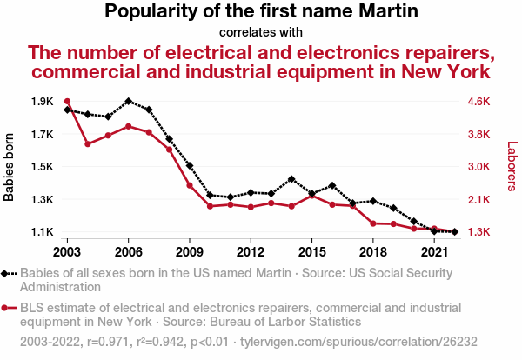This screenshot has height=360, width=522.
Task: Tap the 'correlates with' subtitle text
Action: click(x=261, y=32)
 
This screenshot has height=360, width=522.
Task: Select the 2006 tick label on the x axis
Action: click(x=128, y=252)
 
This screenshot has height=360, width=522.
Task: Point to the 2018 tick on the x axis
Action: click(x=372, y=252)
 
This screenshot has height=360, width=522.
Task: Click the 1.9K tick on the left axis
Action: click(x=41, y=102)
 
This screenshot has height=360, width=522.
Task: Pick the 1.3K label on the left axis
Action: click(x=41, y=200)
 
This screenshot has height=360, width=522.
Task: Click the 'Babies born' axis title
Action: click(x=10, y=167)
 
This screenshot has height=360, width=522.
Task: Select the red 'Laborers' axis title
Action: click(x=512, y=167)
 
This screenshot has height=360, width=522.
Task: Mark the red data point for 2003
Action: click(x=67, y=102)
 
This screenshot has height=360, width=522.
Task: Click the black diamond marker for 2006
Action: click(x=128, y=102)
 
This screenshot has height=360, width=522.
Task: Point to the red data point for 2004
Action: click(x=88, y=143)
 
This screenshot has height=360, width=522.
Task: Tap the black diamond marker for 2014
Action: click(x=291, y=179)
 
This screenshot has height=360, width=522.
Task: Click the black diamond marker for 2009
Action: click(x=190, y=165)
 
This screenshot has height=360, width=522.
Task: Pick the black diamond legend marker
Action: click(x=8, y=274)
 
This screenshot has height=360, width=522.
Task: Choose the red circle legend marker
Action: click(x=8, y=307)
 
